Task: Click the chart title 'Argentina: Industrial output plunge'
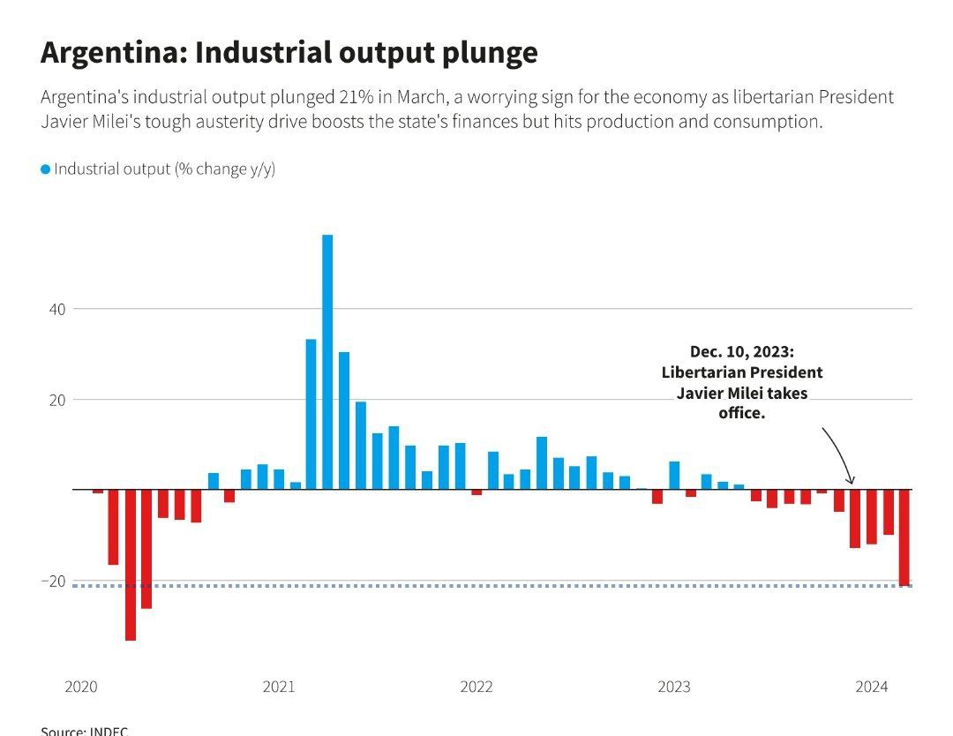[289, 53]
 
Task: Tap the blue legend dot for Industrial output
[46, 169]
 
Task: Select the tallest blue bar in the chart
[327, 361]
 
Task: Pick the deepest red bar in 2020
[131, 565]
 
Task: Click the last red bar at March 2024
[904, 537]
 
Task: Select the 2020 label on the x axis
[80, 687]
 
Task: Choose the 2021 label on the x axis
[279, 687]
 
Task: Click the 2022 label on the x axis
[476, 687]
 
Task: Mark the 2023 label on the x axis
[675, 687]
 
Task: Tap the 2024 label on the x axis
[873, 687]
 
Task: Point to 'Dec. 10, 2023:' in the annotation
[742, 352]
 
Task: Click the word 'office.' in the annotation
[742, 412]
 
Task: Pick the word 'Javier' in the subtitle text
[67, 121]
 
